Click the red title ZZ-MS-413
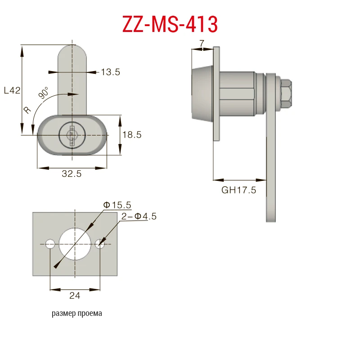170,24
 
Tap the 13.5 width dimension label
110,72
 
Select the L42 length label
12,90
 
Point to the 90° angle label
43,93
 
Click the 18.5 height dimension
132,135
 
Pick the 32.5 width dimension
72,174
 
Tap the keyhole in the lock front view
72,135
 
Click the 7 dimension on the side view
202,43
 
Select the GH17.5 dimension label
238,190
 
